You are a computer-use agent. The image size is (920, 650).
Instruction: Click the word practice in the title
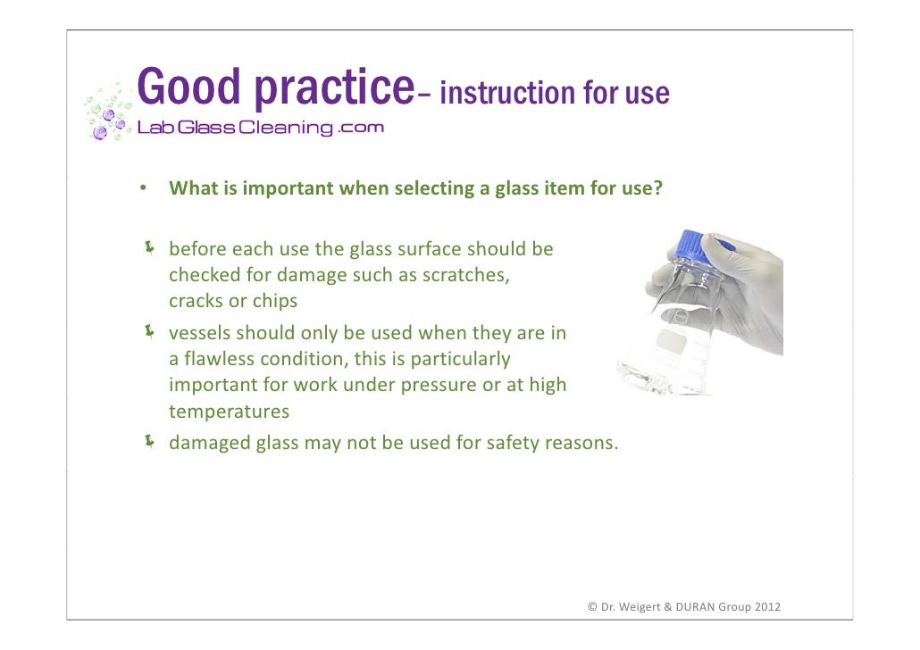[x=331, y=89]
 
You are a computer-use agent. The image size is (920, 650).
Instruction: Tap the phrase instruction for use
[x=555, y=93]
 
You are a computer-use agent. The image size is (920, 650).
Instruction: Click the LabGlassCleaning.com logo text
[x=260, y=128]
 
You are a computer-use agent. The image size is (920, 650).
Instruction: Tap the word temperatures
[x=230, y=412]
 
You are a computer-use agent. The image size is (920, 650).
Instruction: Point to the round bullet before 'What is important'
[x=141, y=189]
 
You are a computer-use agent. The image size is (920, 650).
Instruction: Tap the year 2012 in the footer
[x=766, y=607]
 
